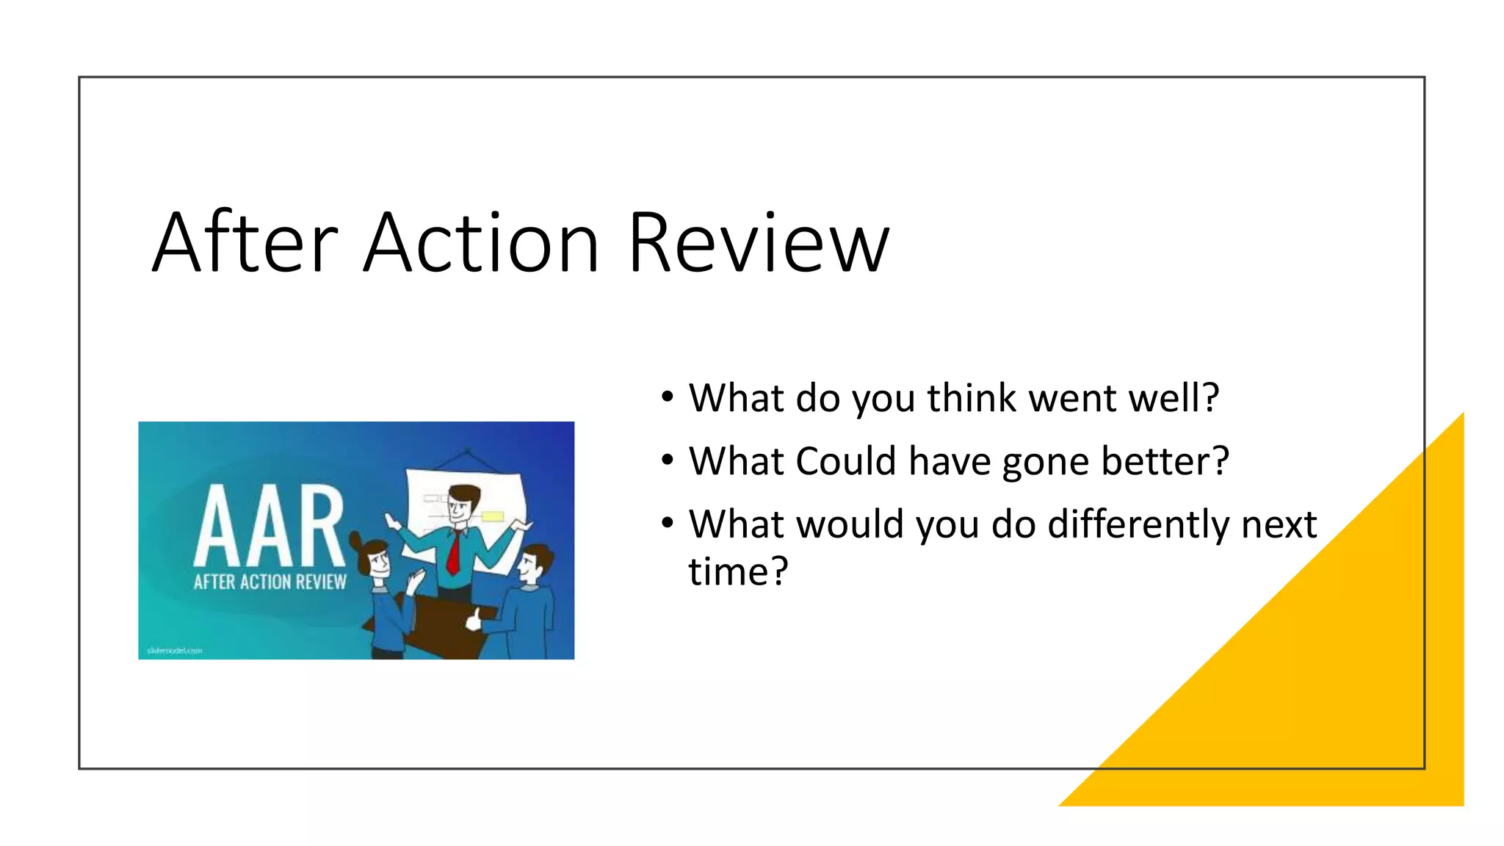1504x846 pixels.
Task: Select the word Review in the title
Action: coord(758,243)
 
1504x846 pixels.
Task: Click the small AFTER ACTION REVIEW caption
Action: coord(270,582)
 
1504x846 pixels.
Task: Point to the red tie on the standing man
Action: coord(455,552)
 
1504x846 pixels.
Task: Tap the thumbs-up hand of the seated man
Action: coord(474,620)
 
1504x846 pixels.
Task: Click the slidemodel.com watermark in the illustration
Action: coord(174,651)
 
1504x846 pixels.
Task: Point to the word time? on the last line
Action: coord(738,571)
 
